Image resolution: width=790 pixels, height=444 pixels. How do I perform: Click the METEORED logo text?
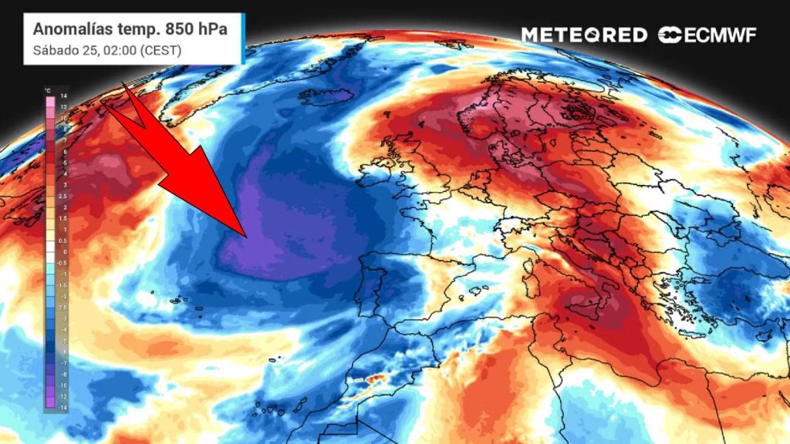[x=583, y=35]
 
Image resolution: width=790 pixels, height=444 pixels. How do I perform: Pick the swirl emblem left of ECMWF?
[x=668, y=35]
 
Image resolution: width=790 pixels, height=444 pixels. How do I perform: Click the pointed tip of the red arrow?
[x=246, y=235]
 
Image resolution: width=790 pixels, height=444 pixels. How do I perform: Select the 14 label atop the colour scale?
[x=65, y=96]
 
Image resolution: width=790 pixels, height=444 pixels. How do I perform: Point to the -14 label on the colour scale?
[x=64, y=405]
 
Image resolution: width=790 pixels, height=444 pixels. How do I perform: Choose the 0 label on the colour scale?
[x=65, y=251]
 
